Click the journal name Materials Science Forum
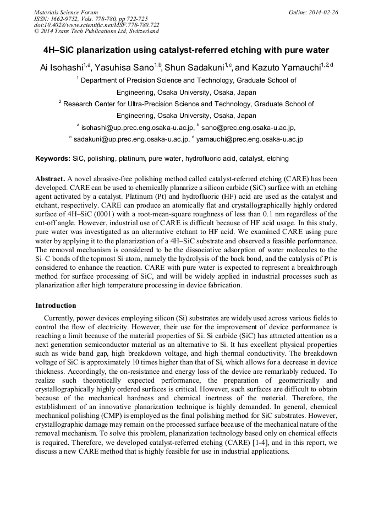click(66, 12)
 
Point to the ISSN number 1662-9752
click(64, 19)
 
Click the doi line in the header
click(97, 25)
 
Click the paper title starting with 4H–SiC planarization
click(186, 50)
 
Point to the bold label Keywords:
click(53, 159)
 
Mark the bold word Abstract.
click(50, 179)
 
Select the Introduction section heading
click(56, 306)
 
